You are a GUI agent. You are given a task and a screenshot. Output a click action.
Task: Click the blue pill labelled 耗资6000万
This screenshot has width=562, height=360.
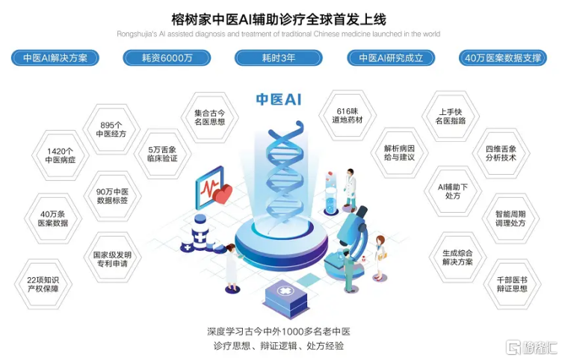(x=167, y=58)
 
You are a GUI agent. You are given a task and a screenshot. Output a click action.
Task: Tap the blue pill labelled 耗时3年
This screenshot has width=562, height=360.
(x=279, y=58)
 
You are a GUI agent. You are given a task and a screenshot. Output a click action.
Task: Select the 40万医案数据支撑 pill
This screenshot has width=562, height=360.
(x=503, y=58)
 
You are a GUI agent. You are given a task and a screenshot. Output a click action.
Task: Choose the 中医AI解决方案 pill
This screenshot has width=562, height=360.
(x=55, y=58)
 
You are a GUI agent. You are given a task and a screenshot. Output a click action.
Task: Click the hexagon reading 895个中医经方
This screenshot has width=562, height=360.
(x=111, y=129)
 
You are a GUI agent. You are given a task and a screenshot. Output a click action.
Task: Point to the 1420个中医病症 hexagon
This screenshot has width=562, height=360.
(x=61, y=155)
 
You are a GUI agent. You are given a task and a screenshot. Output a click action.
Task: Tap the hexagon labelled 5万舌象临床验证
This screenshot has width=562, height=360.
(x=162, y=154)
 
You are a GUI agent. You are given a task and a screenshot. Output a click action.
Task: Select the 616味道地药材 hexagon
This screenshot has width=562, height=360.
(x=348, y=115)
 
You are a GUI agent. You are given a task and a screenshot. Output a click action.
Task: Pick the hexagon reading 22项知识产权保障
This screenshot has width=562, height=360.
(x=43, y=285)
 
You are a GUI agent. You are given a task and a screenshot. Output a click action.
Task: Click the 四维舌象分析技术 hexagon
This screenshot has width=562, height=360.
(x=501, y=153)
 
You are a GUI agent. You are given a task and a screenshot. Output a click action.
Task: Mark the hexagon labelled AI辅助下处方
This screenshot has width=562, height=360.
(x=453, y=191)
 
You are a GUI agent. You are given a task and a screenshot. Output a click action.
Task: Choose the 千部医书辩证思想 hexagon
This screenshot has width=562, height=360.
(x=512, y=285)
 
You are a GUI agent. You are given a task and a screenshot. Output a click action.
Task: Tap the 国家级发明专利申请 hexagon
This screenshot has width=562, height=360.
(x=112, y=259)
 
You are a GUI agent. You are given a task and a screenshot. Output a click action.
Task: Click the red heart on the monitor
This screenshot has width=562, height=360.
(x=222, y=194)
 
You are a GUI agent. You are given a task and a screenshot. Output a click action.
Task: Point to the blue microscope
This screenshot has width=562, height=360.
(x=350, y=243)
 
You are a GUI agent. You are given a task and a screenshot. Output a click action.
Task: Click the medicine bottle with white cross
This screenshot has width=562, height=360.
(x=200, y=232)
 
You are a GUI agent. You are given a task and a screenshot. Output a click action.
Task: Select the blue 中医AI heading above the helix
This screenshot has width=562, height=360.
(x=279, y=99)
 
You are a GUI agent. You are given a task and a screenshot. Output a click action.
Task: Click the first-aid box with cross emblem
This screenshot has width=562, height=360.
(x=286, y=298)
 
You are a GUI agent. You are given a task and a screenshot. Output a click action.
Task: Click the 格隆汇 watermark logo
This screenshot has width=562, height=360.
(x=531, y=347)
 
